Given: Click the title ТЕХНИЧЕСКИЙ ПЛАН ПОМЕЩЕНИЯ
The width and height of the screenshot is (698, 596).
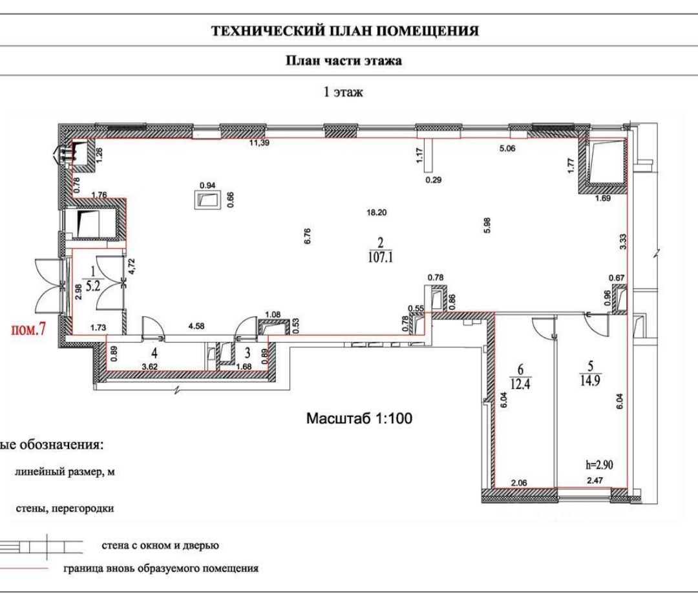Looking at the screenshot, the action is [345, 31].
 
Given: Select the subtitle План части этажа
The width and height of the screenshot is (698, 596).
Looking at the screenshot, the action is [344, 61].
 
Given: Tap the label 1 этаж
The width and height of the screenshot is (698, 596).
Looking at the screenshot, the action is [343, 92].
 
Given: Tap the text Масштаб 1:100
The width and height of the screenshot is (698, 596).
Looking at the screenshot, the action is [359, 419].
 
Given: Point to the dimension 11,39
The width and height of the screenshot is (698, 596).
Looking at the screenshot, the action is [260, 144].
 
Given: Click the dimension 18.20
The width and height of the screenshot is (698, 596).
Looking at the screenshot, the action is [375, 212].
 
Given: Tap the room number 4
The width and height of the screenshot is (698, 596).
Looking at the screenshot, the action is [154, 353].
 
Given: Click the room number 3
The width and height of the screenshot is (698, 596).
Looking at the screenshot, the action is [247, 353].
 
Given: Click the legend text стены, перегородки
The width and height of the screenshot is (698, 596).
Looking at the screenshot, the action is [65, 509].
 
